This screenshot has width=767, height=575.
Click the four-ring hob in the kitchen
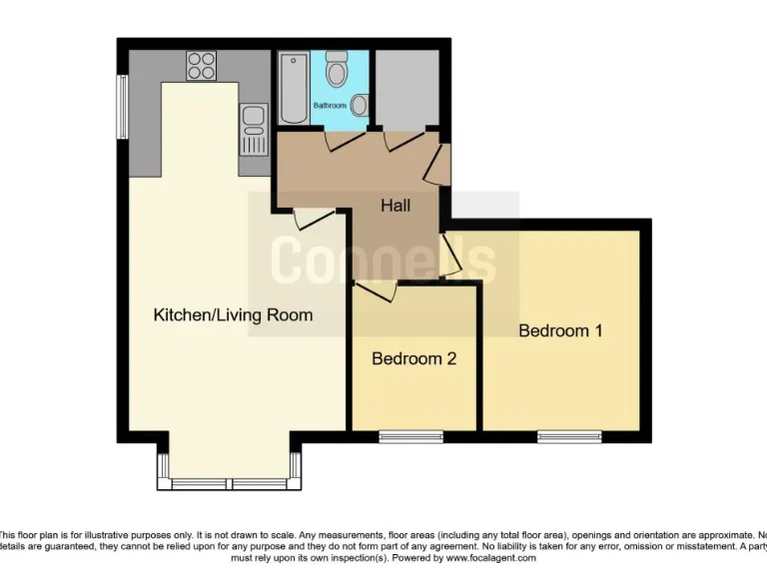pyautogui.click(x=201, y=65)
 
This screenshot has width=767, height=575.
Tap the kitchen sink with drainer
pyautogui.click(x=254, y=129)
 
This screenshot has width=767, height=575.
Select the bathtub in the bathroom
pyautogui.click(x=294, y=88)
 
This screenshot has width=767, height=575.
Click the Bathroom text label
pyautogui.click(x=330, y=105)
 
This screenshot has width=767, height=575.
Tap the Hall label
pyautogui.click(x=395, y=206)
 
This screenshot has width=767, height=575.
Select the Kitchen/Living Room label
pyautogui.click(x=233, y=314)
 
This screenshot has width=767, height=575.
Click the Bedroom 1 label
pyautogui.click(x=560, y=330)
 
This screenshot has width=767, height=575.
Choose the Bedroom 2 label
pyautogui.click(x=413, y=358)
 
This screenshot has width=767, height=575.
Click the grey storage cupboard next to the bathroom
pyautogui.click(x=404, y=88)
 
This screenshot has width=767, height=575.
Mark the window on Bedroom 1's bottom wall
pyautogui.click(x=569, y=435)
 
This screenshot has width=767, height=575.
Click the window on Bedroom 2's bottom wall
pyautogui.click(x=410, y=435)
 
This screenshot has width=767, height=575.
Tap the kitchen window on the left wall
pyautogui.click(x=122, y=107)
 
